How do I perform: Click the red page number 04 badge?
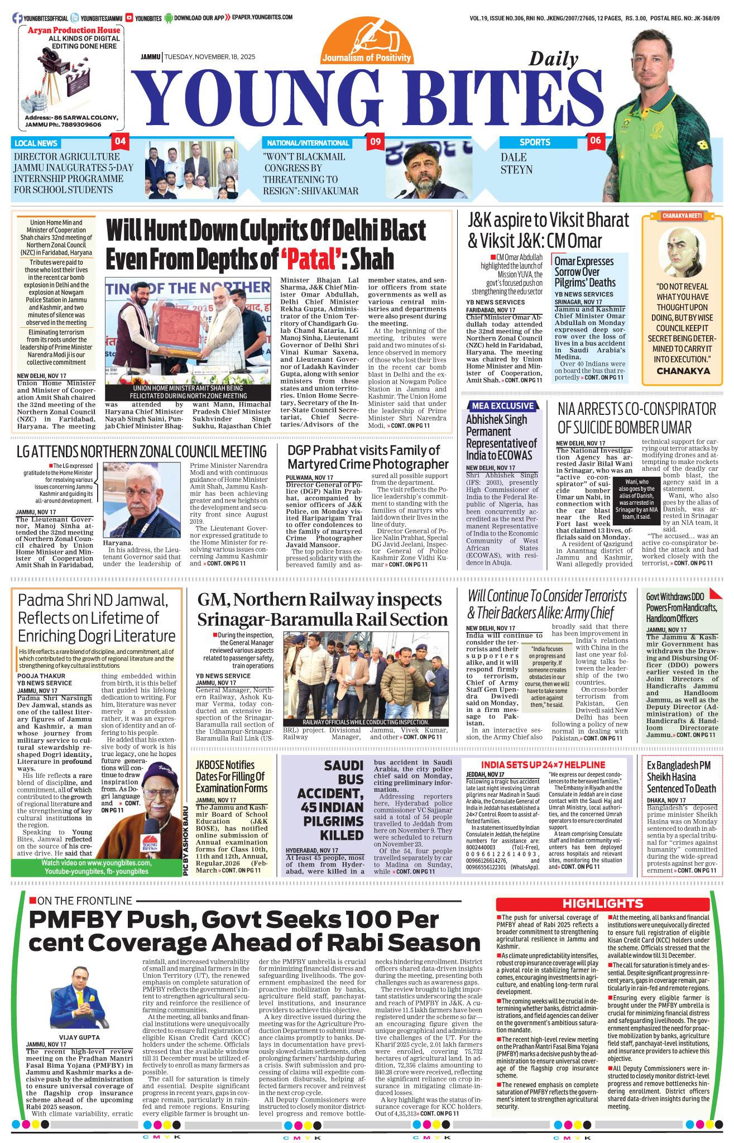(120, 141)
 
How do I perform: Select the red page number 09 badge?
(375, 142)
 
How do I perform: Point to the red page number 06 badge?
(596, 141)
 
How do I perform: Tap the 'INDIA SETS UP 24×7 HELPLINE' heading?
(543, 764)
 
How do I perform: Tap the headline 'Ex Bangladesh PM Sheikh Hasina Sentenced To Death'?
(681, 777)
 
